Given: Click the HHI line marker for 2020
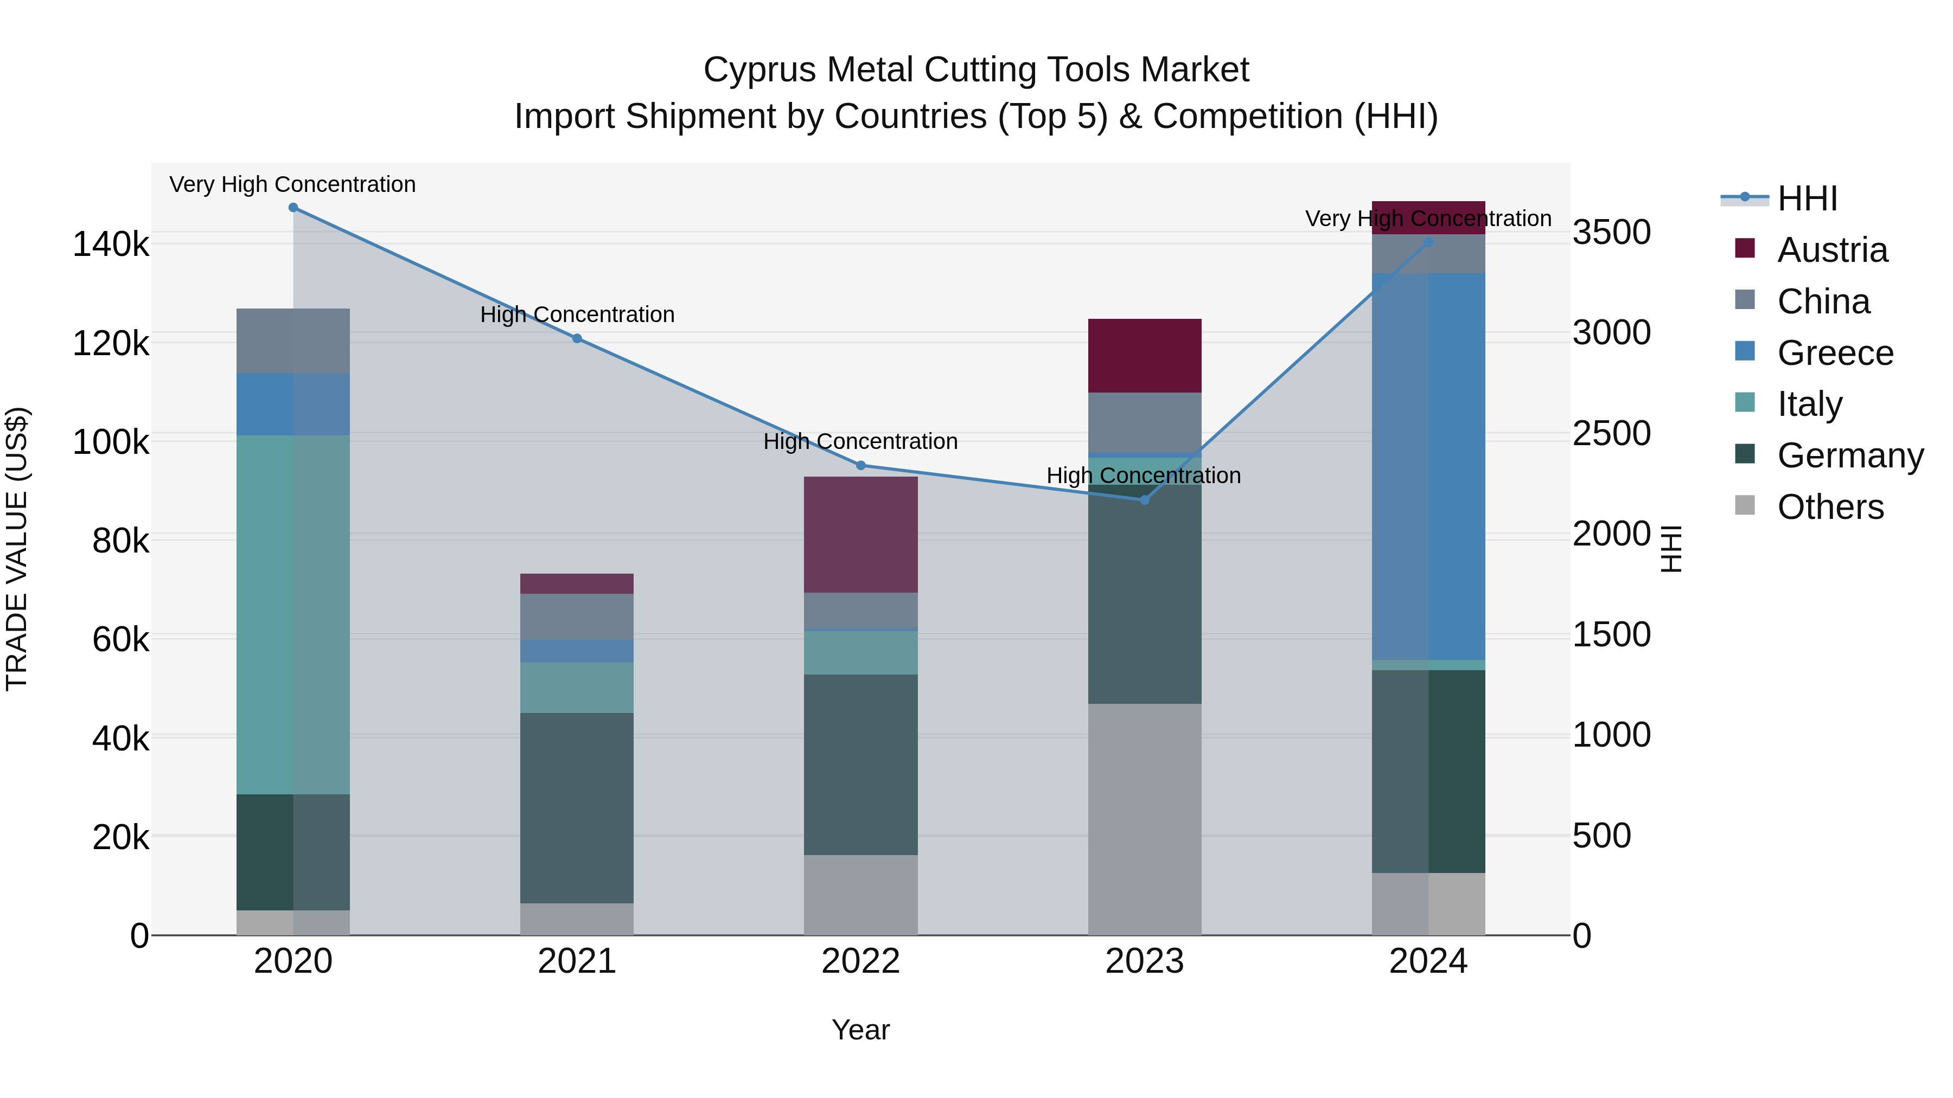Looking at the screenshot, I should [x=293, y=208].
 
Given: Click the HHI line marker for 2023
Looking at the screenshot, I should [x=1145, y=500].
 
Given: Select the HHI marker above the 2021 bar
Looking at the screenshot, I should [x=577, y=339].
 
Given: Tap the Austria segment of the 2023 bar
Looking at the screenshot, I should [x=1145, y=356].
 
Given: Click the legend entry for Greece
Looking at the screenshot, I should [x=1835, y=353].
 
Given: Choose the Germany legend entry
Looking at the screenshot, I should [x=1850, y=455].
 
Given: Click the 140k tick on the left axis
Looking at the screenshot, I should [x=111, y=245].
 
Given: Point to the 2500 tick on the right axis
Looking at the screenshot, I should [x=1612, y=433].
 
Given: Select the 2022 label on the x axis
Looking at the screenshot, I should [x=860, y=961].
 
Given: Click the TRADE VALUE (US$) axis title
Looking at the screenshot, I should [x=17, y=549].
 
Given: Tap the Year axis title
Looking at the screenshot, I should [x=860, y=1030].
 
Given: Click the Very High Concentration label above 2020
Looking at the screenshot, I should [x=292, y=184].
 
